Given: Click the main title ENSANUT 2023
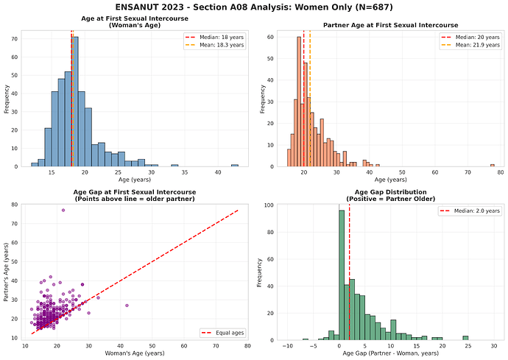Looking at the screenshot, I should click(x=254, y=7).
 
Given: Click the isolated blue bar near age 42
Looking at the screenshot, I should click(x=234, y=165).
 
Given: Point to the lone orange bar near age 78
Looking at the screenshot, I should click(x=492, y=165).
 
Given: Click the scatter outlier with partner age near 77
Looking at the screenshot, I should click(x=63, y=210).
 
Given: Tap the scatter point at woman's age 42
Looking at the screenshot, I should click(x=127, y=305).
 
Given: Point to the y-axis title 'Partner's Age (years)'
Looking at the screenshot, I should click(x=7, y=272).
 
